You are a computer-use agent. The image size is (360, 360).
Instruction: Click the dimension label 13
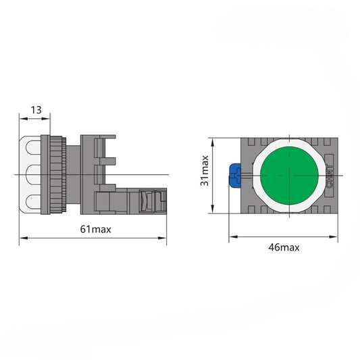36,109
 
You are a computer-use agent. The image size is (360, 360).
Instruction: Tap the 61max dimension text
95,229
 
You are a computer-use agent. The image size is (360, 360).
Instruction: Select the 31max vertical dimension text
205,171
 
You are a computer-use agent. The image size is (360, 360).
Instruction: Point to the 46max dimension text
284,247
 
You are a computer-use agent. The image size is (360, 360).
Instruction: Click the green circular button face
289,176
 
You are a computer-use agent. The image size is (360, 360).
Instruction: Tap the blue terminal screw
235,175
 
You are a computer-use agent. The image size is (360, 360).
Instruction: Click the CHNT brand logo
329,176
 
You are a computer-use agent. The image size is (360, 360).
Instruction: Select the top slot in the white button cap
33,147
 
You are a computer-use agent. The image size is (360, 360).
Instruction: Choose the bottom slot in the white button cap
33,201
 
